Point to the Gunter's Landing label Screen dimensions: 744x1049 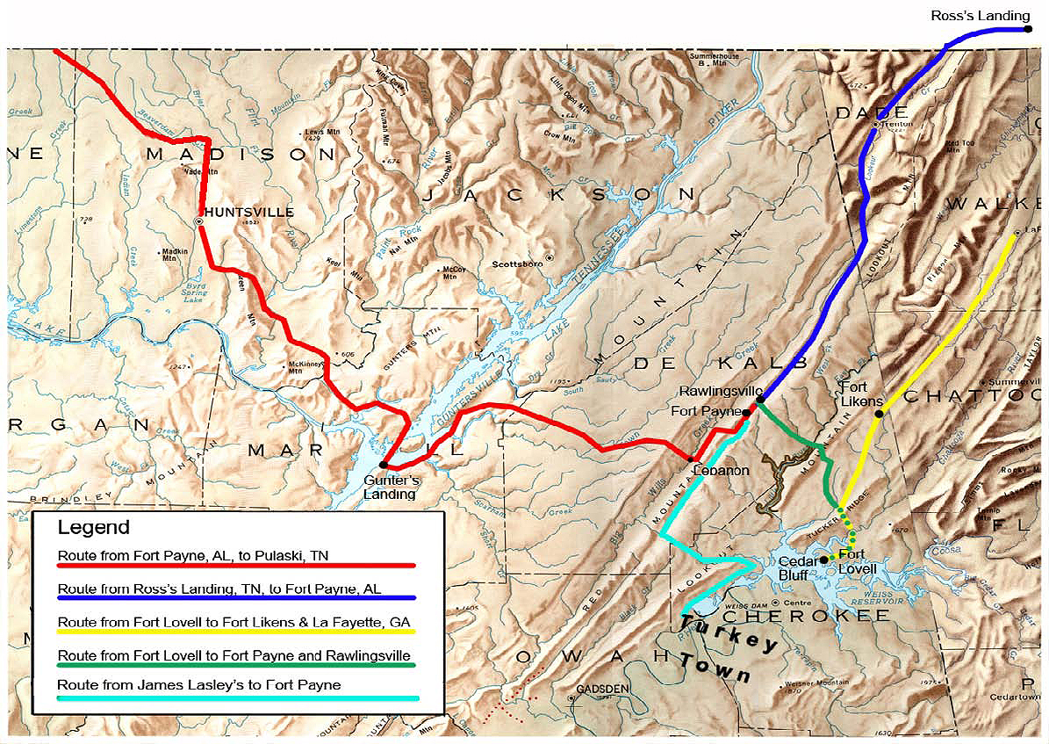pyautogui.click(x=391, y=488)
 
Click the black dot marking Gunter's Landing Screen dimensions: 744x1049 pyautogui.click(x=384, y=465)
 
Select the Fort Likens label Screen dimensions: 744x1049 pyautogui.click(x=861, y=394)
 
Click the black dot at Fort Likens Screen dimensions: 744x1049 pyautogui.click(x=879, y=414)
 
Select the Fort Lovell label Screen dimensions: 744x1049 pyautogui.click(x=859, y=562)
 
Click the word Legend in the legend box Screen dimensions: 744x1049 pyautogui.click(x=93, y=528)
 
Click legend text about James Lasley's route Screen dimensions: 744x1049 pyautogui.click(x=198, y=685)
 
